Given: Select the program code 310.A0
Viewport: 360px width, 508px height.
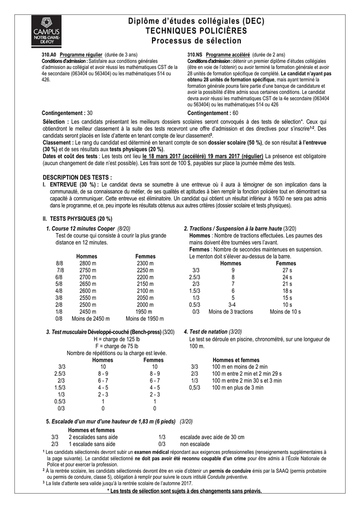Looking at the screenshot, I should [x=49, y=54].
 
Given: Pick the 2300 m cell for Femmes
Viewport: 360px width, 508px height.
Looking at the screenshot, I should [x=145, y=263].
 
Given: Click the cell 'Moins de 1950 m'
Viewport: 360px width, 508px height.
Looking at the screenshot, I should [x=144, y=318].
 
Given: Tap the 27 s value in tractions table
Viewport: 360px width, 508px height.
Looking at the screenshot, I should [x=287, y=270].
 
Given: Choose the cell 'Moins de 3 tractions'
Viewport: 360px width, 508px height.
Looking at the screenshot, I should [x=230, y=312].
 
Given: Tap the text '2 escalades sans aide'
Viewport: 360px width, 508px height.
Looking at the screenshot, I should [x=93, y=437].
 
